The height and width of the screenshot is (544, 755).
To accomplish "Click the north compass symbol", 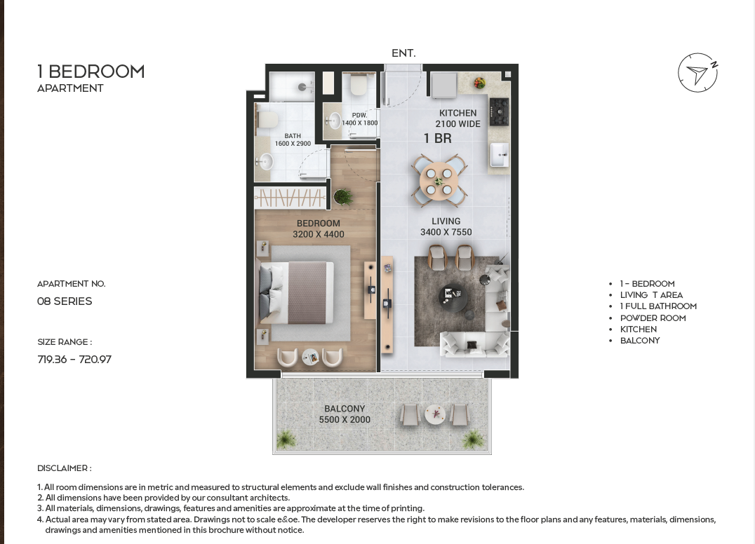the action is [697, 73].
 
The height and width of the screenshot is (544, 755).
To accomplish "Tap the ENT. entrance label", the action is [403, 53].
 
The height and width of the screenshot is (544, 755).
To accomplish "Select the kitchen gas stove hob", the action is [500, 111].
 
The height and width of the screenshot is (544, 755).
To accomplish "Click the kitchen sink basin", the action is [500, 154].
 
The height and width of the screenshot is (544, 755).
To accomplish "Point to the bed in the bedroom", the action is [297, 292].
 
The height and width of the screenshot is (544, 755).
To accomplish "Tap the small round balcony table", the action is [435, 414].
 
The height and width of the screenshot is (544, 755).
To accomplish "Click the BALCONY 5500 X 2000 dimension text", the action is [345, 414].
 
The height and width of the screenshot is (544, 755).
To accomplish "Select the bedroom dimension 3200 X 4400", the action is [319, 234].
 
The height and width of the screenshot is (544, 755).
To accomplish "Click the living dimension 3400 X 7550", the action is [446, 232].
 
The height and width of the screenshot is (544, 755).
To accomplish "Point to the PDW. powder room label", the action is [359, 116].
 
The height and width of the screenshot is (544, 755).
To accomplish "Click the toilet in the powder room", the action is [359, 84].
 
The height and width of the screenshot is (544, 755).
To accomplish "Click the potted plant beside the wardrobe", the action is [342, 196].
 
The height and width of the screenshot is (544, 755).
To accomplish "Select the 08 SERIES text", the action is [65, 301].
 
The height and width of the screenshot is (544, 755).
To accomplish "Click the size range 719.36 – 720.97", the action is [74, 360].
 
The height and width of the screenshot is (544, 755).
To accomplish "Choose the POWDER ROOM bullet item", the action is [653, 318].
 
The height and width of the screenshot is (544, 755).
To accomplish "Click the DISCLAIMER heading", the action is [65, 468].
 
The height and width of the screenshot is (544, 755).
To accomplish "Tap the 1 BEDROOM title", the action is [91, 72].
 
